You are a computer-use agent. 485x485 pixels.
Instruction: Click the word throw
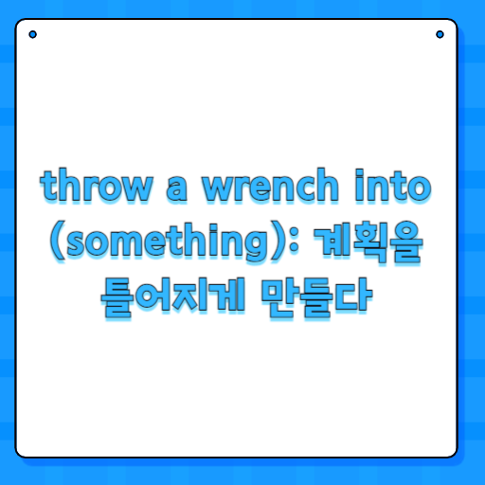pos(94,188)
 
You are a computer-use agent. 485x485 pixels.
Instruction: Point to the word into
pos(399,187)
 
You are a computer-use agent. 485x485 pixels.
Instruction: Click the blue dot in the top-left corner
pos(32,35)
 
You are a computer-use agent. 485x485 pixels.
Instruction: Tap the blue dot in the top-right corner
pos(440,35)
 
